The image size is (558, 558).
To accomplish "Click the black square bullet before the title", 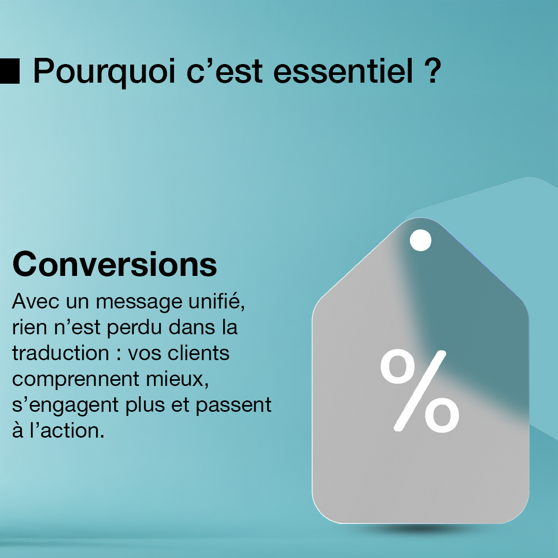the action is tap(10, 71).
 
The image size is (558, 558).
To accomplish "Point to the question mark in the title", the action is tap(433, 70).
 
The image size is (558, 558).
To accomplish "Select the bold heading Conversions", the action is tap(115, 264).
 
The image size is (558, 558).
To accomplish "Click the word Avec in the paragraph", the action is tap(36, 301).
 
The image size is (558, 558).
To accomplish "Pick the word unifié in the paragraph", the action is tap(216, 301).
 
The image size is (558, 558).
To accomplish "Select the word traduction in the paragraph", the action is tap(60, 353).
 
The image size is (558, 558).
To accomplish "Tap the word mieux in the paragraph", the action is tap(177, 379).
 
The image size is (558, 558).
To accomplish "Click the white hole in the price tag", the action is tap(421, 240).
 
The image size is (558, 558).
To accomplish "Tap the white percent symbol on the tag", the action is tap(420, 391).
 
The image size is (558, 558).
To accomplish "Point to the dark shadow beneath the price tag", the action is tap(420, 529).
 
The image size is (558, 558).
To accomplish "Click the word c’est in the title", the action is tap(225, 71).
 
